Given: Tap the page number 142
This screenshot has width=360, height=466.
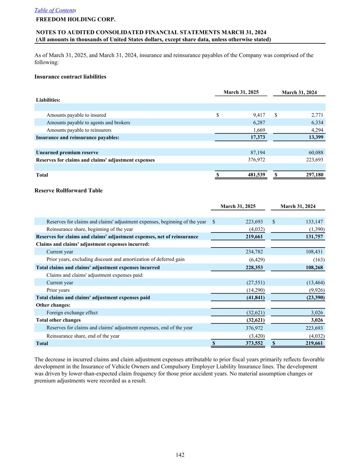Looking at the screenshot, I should point(180,455).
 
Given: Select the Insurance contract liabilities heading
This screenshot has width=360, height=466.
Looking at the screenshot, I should point(70,77).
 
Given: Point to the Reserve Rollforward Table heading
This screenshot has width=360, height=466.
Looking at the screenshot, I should point(69,190).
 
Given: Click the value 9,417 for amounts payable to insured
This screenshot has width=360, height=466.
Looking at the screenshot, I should point(259,115).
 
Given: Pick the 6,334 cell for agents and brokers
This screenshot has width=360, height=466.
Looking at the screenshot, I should point(317,123).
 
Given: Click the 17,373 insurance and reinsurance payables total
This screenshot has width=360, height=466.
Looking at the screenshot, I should point(258,138).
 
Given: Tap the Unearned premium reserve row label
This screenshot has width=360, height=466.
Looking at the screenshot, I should point(67,153).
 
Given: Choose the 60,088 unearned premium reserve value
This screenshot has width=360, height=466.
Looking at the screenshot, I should point(316,153).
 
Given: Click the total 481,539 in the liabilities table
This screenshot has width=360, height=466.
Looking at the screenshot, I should point(256,175).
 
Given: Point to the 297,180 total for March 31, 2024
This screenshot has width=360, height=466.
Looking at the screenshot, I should point(314,175).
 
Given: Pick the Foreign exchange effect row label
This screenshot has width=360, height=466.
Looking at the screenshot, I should point(72,313).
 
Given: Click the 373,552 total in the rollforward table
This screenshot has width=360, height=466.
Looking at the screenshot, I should point(254,343).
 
